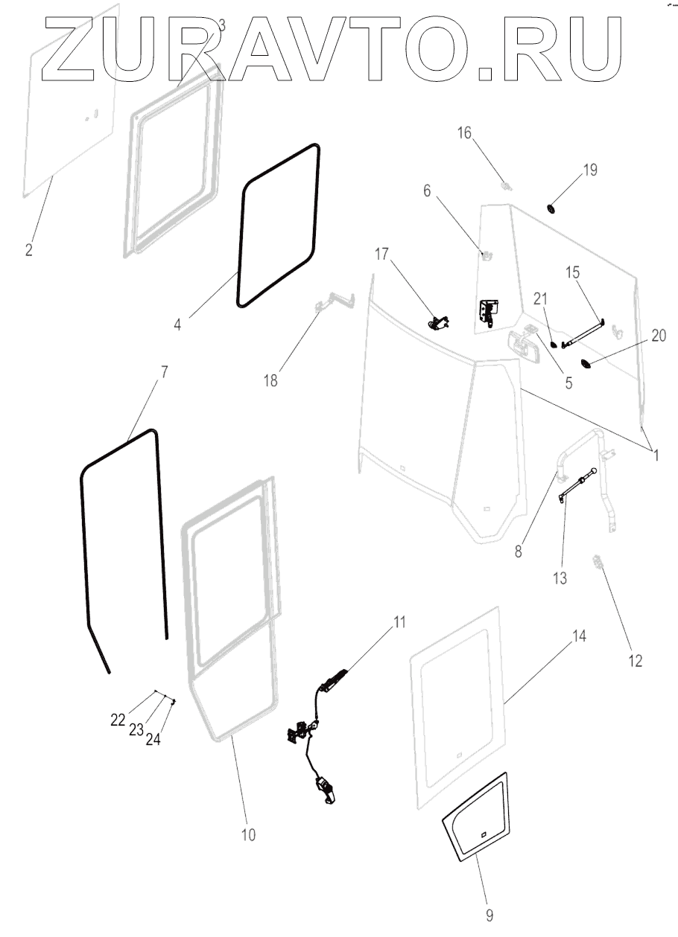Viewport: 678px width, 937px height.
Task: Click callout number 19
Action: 589,170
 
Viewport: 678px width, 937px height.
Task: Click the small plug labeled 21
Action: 554,344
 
